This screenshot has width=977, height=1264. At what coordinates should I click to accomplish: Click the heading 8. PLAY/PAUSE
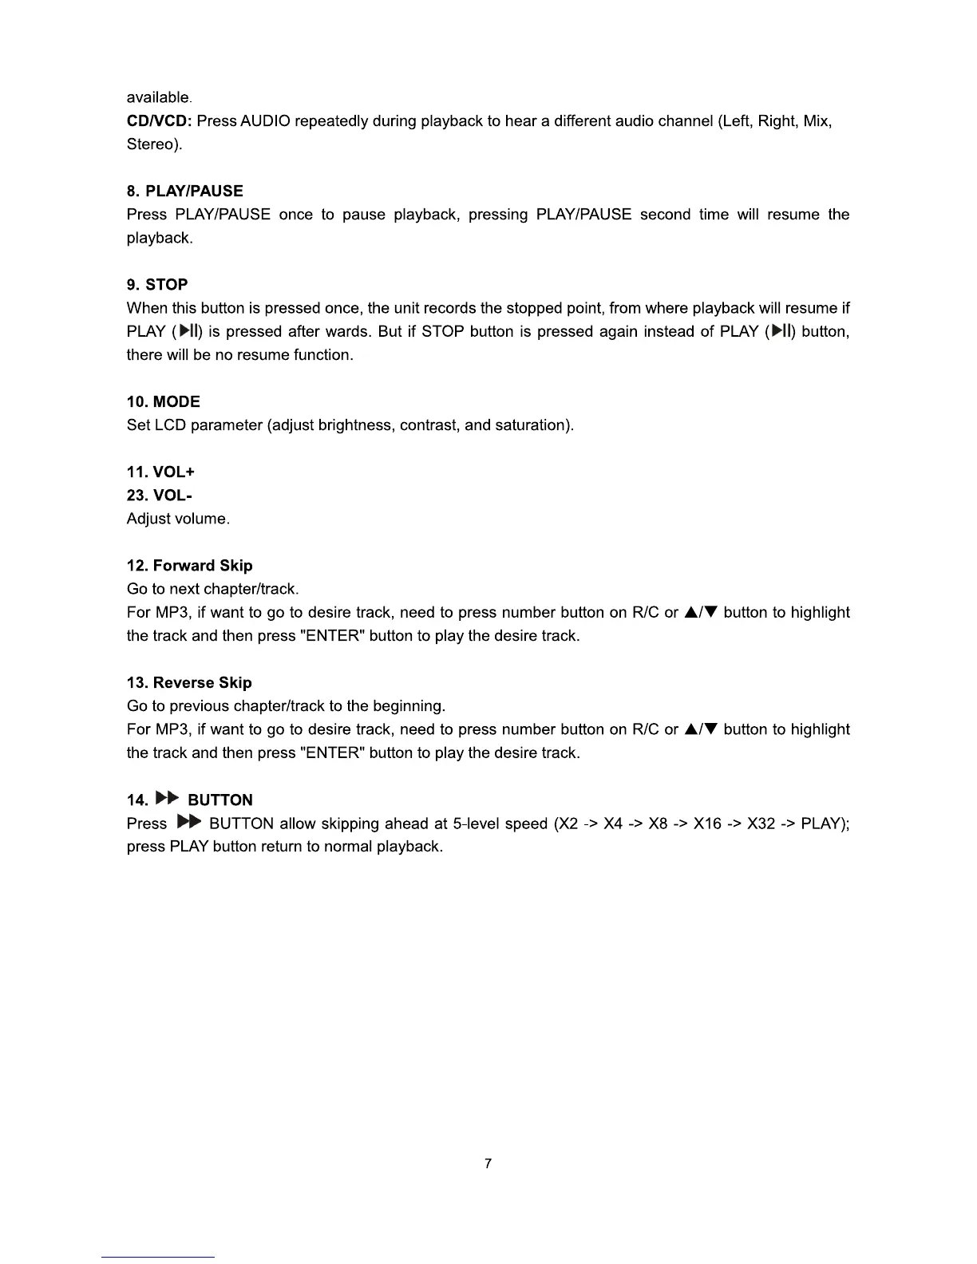pos(184,192)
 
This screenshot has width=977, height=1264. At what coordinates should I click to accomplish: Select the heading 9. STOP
pos(157,285)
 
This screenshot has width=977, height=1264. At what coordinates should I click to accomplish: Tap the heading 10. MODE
pos(163,402)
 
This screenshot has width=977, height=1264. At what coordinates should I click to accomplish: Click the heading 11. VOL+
pos(160,472)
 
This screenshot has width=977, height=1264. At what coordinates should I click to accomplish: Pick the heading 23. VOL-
pos(159,496)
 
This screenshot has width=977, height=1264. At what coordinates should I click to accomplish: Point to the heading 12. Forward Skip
pos(189,566)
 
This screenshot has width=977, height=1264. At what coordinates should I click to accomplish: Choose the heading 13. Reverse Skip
pos(189,683)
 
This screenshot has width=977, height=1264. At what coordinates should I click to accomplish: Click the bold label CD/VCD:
pos(159,121)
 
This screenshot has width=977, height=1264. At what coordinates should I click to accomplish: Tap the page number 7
pos(489,1163)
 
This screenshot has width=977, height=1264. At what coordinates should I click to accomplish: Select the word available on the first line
pos(158,97)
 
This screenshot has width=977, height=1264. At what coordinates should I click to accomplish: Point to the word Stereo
pos(150,144)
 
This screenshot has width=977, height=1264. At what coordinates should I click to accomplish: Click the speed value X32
pos(761,824)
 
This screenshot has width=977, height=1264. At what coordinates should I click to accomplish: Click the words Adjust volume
pos(178,519)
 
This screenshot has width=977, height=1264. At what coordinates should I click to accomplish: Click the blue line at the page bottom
pos(158,1257)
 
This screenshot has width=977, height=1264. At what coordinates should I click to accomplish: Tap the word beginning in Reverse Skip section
pos(403,706)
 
